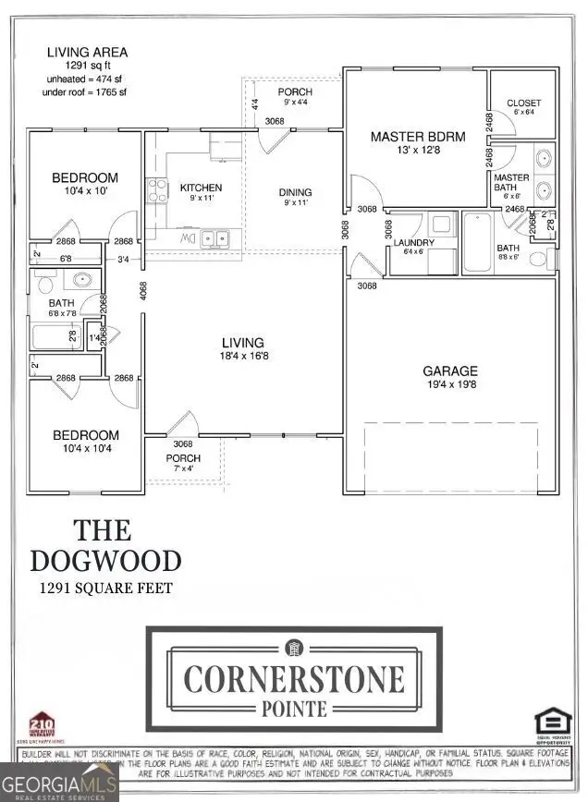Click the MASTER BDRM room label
[418, 137]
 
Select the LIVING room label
[243, 342]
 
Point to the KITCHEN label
[201, 188]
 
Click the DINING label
[296, 192]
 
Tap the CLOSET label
[524, 103]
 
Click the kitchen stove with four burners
[157, 191]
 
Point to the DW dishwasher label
[187, 239]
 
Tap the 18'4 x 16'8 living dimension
[243, 357]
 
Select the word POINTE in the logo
[294, 709]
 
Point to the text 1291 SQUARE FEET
[104, 588]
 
